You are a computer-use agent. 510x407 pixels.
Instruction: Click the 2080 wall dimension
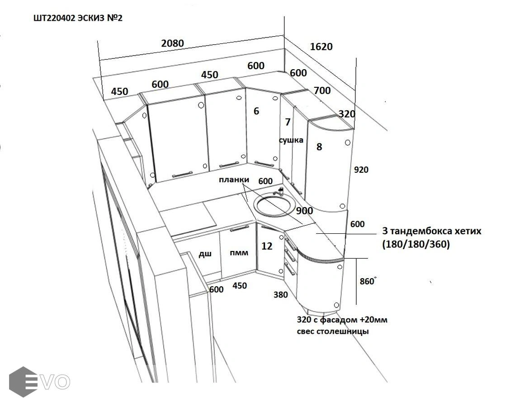tap(173, 43)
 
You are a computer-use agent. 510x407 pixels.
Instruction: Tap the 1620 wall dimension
tap(321, 47)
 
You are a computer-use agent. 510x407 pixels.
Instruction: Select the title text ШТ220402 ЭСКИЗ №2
tap(78, 18)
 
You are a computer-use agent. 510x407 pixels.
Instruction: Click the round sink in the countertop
tap(275, 205)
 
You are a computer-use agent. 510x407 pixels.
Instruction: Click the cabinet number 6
tap(256, 111)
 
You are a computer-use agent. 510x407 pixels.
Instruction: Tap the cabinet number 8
tap(319, 147)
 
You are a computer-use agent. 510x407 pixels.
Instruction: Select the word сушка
tap(291, 140)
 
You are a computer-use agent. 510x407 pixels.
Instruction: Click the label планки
tap(234, 180)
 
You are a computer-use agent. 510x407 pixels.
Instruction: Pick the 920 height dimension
tap(361, 170)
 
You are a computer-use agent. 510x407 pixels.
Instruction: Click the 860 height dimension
tap(367, 281)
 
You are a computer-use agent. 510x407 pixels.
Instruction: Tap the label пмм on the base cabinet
tap(239, 253)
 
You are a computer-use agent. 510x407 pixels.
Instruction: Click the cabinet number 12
tap(267, 246)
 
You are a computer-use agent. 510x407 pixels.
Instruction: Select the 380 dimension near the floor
tap(280, 295)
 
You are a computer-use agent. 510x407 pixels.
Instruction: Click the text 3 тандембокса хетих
tap(432, 232)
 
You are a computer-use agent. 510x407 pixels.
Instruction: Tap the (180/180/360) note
tap(416, 244)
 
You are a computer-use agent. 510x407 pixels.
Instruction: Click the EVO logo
tap(40, 382)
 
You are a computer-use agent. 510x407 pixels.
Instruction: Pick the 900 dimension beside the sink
tap(304, 211)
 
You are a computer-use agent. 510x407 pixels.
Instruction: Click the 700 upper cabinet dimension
tap(322, 90)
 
